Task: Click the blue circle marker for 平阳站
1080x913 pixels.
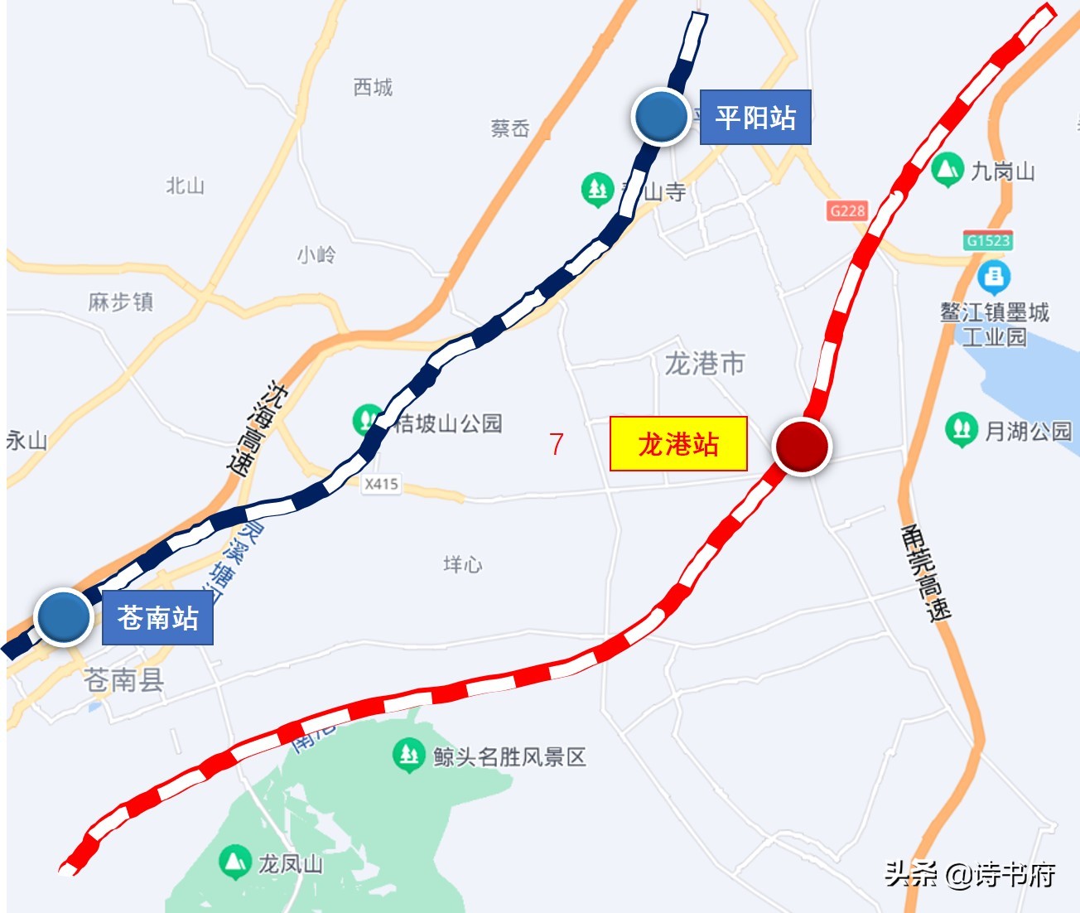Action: (661, 117)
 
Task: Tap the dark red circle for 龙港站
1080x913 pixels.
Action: (801, 446)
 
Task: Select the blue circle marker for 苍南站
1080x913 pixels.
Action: (63, 617)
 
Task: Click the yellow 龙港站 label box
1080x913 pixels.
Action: (678, 444)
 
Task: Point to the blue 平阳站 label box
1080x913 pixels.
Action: (755, 118)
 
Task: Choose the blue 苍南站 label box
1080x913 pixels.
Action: (157, 618)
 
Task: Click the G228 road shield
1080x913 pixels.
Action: (846, 210)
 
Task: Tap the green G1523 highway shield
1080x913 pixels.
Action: (988, 240)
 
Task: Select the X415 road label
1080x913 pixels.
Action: (381, 484)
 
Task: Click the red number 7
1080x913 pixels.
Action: (557, 444)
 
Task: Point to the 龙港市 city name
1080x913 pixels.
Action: (705, 363)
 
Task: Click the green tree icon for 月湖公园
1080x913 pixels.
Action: (961, 429)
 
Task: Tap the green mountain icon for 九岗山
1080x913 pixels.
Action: (947, 170)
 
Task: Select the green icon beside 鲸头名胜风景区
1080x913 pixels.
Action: (408, 755)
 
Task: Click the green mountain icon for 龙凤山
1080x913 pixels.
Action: (235, 862)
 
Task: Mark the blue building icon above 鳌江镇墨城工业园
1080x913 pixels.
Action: (993, 277)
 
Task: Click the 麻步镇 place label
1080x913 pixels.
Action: (121, 302)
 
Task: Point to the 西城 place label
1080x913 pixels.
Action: (373, 87)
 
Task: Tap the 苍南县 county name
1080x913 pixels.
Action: (124, 680)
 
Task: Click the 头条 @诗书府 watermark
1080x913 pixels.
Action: (970, 874)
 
